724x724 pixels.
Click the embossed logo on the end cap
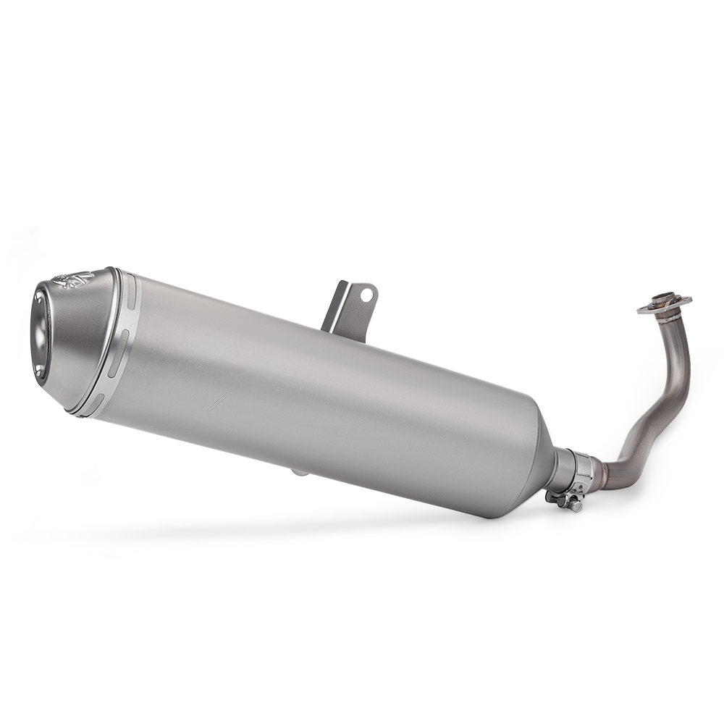pyautogui.click(x=74, y=279)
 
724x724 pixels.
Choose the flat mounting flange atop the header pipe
pyautogui.click(x=665, y=304)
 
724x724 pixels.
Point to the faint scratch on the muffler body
pyautogui.click(x=217, y=398)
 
